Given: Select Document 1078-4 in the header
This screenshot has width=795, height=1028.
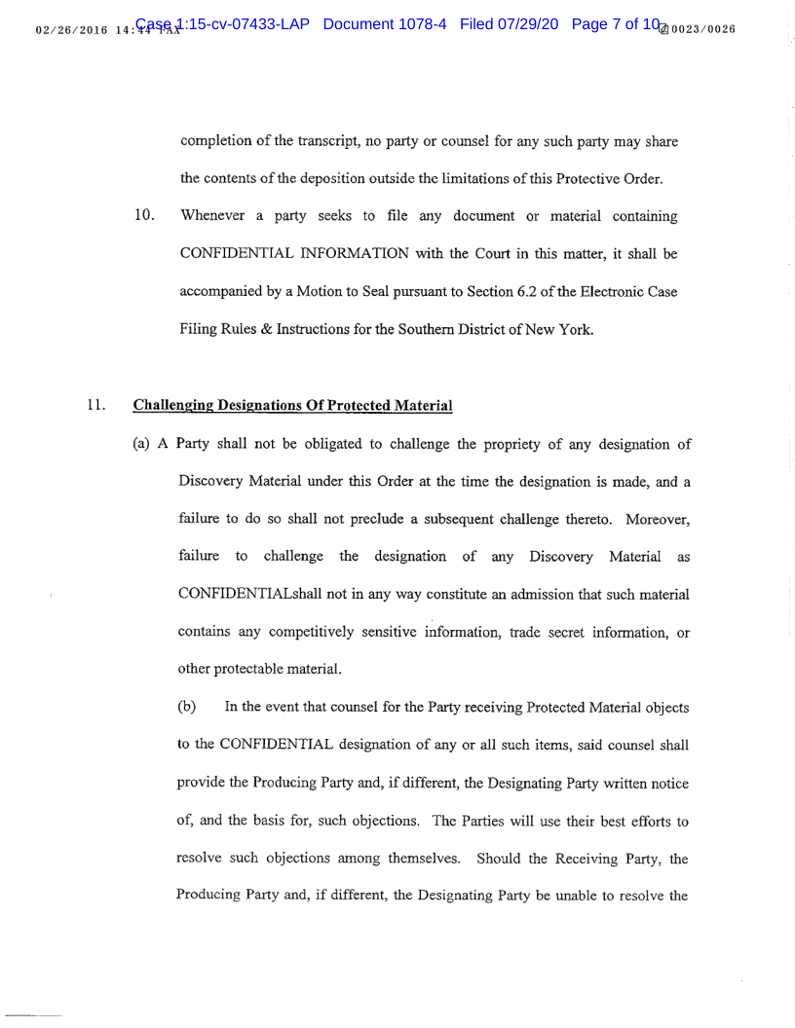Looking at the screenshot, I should (384, 23).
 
